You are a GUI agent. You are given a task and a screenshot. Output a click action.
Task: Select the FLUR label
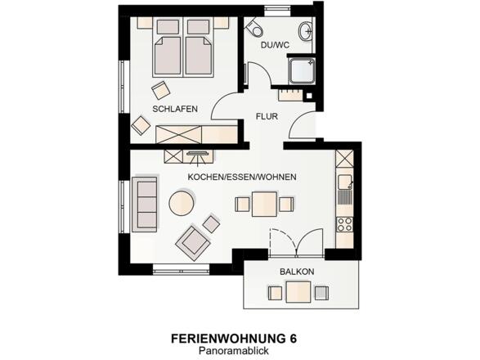pos(267,116)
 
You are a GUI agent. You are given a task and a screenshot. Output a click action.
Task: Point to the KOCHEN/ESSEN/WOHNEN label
pos(241,177)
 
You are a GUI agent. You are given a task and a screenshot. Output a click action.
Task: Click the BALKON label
pos(297,271)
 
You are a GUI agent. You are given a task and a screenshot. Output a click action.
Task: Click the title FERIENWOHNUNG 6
pos(234,338)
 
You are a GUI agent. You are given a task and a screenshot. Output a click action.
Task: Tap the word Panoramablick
pos(233,350)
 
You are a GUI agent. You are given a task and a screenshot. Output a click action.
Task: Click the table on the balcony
pos(297,290)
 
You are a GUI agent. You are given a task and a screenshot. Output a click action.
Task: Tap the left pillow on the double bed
pos(168,27)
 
